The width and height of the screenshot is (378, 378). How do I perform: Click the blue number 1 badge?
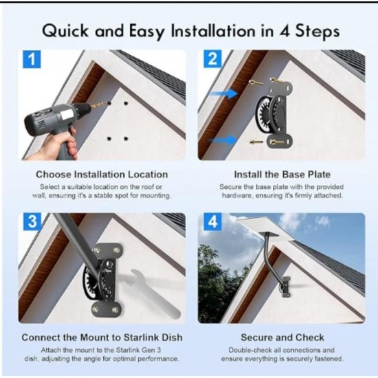pos(32,59)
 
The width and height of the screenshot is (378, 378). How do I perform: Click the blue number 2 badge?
pos(212,58)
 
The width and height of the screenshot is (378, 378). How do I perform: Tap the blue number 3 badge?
pos(32,221)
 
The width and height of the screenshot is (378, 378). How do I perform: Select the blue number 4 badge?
pos(212,221)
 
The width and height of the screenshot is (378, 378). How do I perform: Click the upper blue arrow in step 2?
pos(224,93)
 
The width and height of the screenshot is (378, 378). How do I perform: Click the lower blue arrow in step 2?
pos(223,140)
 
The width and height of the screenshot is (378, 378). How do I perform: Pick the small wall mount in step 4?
pos(285,287)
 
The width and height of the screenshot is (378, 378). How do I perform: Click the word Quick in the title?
pos(65,32)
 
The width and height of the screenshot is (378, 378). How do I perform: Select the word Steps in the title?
pos(318,32)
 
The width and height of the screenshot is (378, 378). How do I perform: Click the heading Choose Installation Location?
pos(102,175)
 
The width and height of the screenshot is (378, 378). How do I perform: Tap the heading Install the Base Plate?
pos(282,175)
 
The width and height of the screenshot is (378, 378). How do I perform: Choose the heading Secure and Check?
pos(282,337)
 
